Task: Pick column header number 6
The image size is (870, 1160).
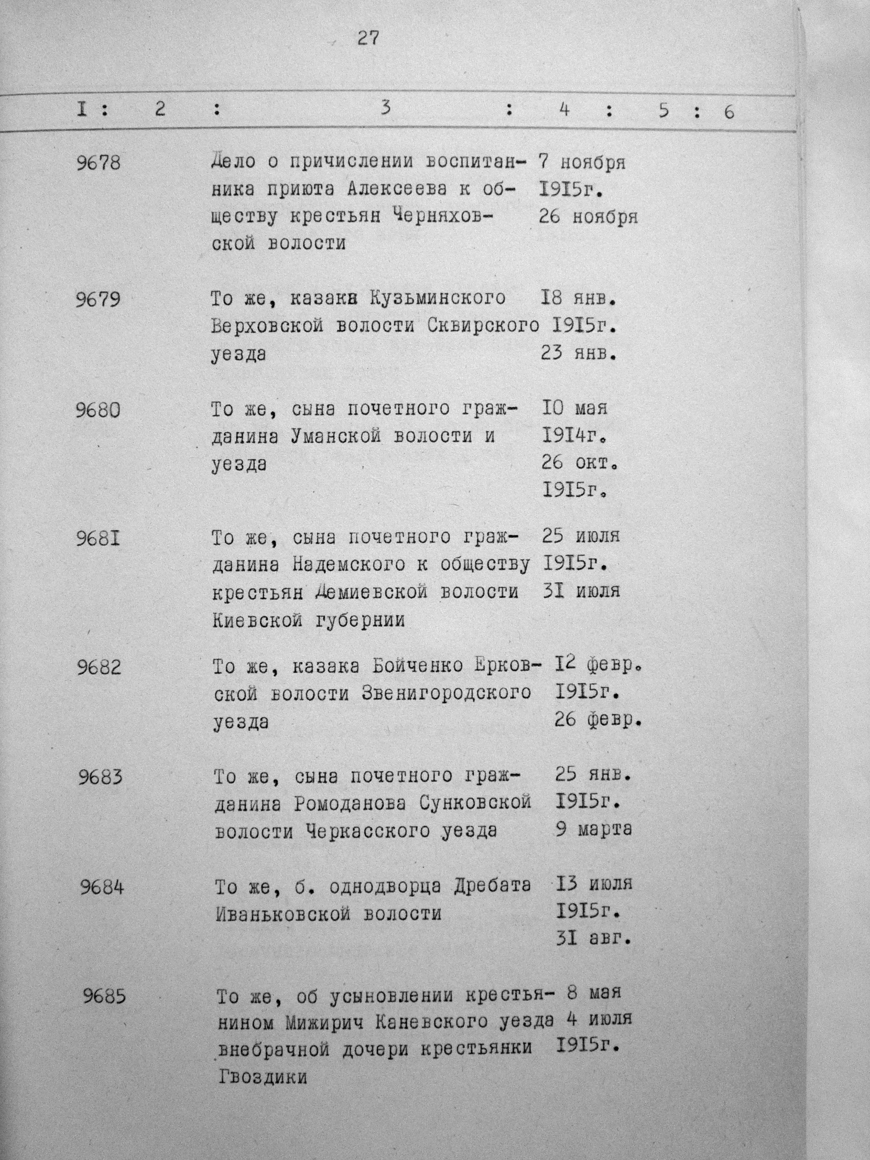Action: coord(729,112)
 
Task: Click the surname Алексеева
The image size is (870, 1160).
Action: coord(397,190)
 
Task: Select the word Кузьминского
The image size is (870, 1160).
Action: coord(438,299)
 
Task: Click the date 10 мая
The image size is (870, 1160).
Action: coord(574,409)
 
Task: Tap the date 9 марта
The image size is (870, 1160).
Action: coord(593,830)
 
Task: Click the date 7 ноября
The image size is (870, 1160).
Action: coord(582,163)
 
